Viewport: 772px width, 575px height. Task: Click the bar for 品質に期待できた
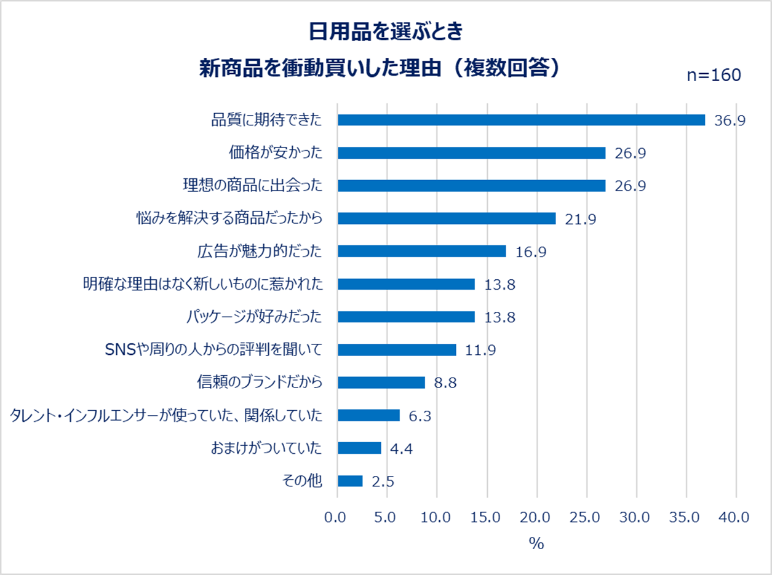click(521, 120)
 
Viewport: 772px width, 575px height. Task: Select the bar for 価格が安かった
click(471, 153)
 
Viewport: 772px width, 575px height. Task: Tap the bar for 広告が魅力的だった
click(421, 251)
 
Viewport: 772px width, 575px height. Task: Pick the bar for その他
click(350, 481)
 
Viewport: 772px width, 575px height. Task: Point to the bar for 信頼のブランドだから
click(381, 383)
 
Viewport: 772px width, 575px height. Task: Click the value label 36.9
click(730, 121)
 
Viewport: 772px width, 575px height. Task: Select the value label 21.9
click(580, 219)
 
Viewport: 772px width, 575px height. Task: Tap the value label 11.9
click(480, 350)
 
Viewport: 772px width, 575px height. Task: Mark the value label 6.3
click(420, 416)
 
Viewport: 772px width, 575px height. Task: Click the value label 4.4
click(400, 448)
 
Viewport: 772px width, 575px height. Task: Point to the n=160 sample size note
click(714, 75)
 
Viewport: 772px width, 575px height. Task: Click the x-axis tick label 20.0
click(536, 518)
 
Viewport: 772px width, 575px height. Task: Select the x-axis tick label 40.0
click(736, 518)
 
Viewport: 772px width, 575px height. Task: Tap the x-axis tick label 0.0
click(337, 518)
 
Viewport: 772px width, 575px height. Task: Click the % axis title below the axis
click(536, 544)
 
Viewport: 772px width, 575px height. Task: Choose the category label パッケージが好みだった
click(254, 317)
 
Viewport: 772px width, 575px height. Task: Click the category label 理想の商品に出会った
click(252, 186)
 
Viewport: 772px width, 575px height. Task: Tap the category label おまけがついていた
click(266, 448)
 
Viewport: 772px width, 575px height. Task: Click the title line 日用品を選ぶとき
click(386, 31)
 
